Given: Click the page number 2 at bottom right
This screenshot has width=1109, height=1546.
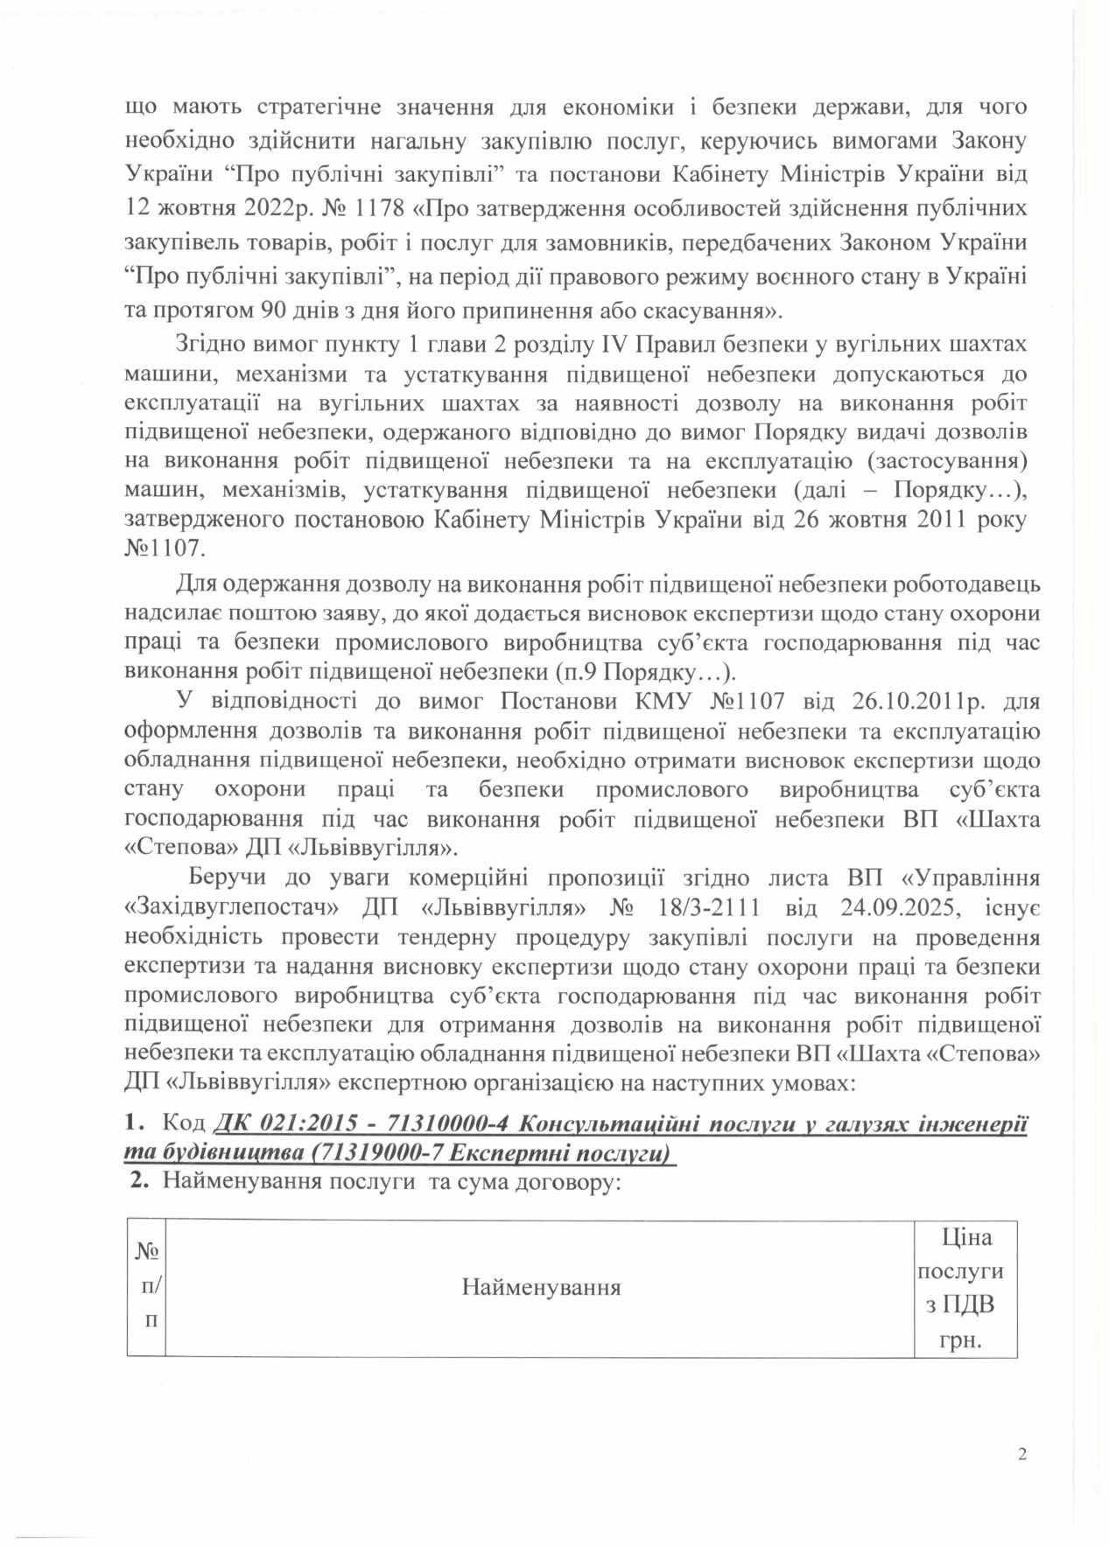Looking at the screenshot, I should [x=1021, y=1454].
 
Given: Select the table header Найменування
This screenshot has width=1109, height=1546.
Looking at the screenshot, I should [x=540, y=1287].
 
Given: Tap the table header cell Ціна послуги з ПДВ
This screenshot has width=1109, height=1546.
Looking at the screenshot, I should [x=965, y=1288].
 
